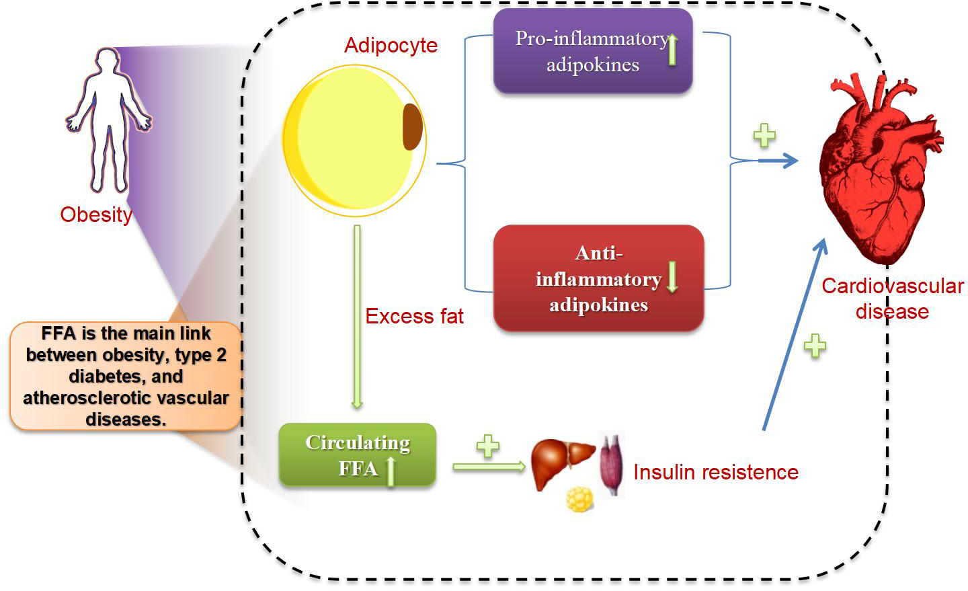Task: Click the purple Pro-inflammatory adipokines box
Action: click(593, 51)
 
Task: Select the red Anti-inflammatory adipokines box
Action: click(598, 278)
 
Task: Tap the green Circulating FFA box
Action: click(358, 455)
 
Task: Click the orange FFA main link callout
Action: click(125, 376)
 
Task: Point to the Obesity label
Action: click(96, 215)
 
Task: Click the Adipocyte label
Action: click(391, 46)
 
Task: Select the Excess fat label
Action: click(414, 316)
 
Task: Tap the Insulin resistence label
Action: click(716, 472)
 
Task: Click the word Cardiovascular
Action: click(893, 286)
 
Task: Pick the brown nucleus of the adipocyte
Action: click(413, 126)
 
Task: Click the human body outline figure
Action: click(108, 120)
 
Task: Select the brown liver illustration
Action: click(563, 463)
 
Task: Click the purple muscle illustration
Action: click(612, 465)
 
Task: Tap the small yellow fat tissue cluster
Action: click(579, 500)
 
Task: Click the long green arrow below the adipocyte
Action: click(358, 317)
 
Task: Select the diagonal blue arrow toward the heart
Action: click(795, 334)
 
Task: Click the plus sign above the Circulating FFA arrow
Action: click(488, 446)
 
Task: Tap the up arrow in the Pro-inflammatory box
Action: click(672, 50)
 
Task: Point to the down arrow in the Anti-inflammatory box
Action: click(672, 277)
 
